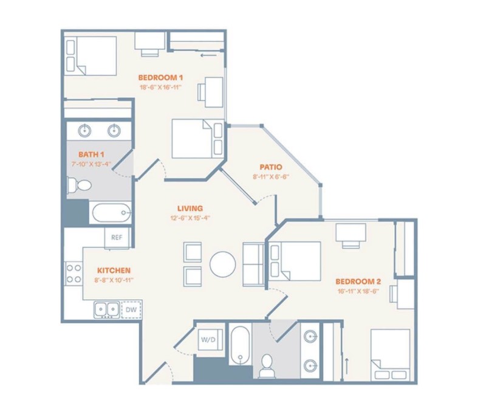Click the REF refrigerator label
point(117,237)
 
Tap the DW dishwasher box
point(131,309)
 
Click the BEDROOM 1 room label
point(160,77)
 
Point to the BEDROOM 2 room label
point(358,282)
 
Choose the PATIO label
point(271,167)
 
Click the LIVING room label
point(190,209)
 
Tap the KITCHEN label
point(114,270)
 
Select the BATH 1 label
point(91,154)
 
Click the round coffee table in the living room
point(222,265)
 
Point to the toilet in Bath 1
point(80,185)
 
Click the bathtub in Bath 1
point(112,213)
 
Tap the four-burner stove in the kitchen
point(74,274)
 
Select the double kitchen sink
point(107,309)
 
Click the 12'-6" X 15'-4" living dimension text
point(190,218)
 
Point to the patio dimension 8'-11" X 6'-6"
point(271,177)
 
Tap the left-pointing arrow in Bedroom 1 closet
point(208,56)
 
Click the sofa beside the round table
point(253,265)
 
